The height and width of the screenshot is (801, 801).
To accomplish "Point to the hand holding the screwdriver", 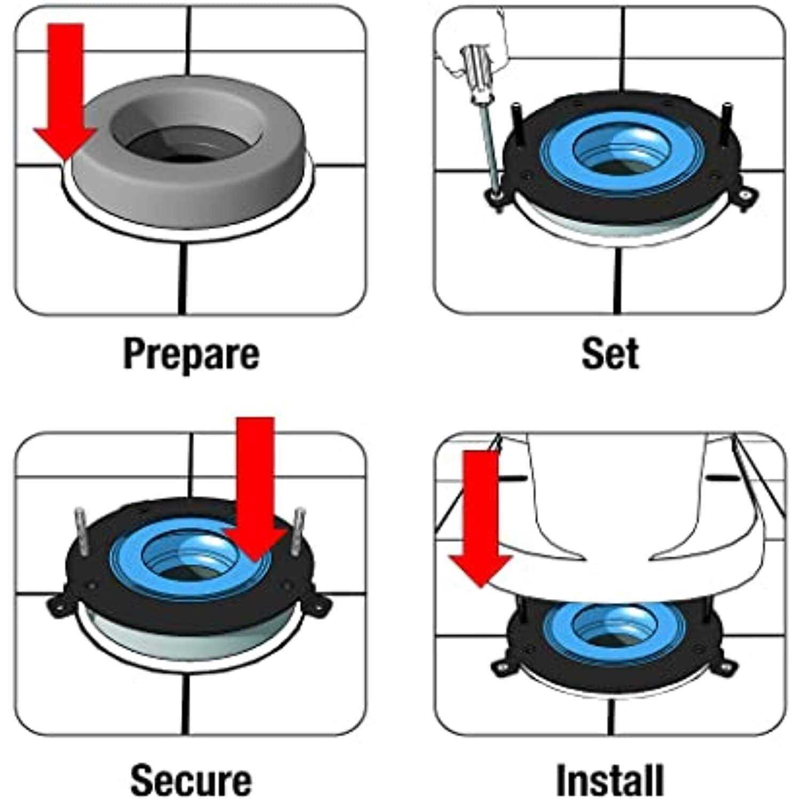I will (470, 37).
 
